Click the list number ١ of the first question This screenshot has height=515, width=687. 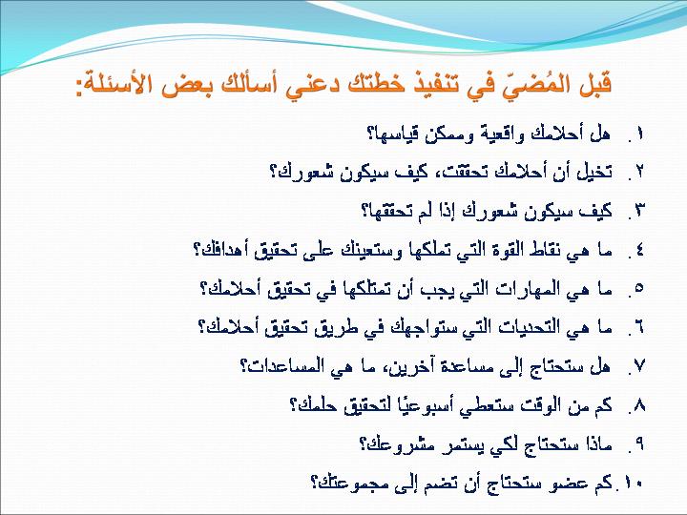click(639, 134)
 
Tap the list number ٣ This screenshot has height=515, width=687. click(638, 211)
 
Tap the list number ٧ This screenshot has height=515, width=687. click(638, 365)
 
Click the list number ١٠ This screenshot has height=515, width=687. click(634, 483)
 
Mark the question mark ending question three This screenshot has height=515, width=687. click(364, 211)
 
